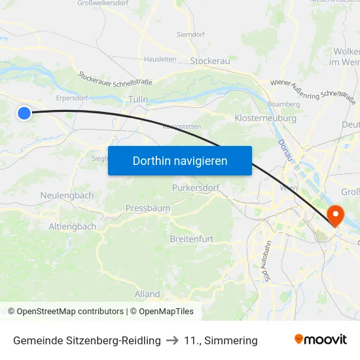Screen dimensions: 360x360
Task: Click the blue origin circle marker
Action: [x=24, y=113]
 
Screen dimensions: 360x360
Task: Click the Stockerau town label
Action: [x=209, y=60]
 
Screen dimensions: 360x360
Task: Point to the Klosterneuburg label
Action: [x=265, y=118]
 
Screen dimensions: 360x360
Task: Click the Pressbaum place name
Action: [x=148, y=208]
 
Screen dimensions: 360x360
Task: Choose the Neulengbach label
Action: [x=67, y=195]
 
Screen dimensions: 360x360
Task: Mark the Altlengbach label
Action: [x=73, y=226]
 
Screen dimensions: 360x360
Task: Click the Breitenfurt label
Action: [x=192, y=239]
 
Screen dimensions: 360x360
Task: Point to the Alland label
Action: [x=147, y=294]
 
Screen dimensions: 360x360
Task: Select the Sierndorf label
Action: [x=191, y=34]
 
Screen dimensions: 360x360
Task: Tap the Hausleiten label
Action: [x=160, y=58]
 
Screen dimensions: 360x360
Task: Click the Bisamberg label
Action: [x=283, y=103]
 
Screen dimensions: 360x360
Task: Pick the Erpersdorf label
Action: [x=72, y=98]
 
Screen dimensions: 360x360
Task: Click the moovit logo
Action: [x=321, y=340]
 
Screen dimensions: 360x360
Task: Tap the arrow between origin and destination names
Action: [x=172, y=340]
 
